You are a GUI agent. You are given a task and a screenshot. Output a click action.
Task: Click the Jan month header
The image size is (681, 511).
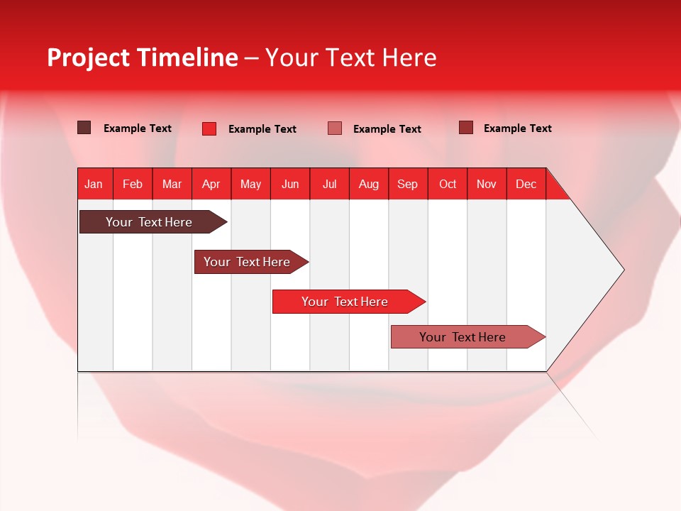pyautogui.click(x=94, y=184)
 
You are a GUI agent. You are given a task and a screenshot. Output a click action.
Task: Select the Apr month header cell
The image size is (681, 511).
pyautogui.click(x=211, y=184)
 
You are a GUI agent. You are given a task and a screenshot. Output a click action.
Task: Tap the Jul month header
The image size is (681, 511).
pyautogui.click(x=330, y=184)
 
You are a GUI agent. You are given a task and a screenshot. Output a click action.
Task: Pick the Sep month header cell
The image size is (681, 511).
pyautogui.click(x=408, y=184)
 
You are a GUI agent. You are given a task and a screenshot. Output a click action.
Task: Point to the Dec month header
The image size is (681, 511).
pyautogui.click(x=526, y=184)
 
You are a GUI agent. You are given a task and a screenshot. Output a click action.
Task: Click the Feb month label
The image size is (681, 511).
pyautogui.click(x=133, y=184)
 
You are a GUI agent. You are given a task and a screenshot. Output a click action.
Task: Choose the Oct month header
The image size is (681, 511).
pyautogui.click(x=448, y=184)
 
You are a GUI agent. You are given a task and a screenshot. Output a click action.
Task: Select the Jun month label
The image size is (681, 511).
pyautogui.click(x=290, y=184)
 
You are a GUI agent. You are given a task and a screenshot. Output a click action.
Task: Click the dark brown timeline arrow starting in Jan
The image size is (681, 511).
pyautogui.click(x=150, y=222)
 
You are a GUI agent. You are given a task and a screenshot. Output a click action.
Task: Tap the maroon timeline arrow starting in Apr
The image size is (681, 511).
pyautogui.click(x=248, y=262)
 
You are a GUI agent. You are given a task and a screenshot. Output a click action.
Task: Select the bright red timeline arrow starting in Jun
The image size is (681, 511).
pyautogui.click(x=345, y=302)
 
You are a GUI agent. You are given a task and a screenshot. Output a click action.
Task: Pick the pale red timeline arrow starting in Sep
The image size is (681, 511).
pyautogui.click(x=463, y=337)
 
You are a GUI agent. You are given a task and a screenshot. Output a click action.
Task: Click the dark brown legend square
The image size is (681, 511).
pyautogui.click(x=84, y=128)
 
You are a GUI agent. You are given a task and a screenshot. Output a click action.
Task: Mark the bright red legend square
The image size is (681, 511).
pyautogui.click(x=209, y=128)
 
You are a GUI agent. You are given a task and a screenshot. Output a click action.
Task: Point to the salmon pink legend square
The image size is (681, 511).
pyautogui.click(x=335, y=128)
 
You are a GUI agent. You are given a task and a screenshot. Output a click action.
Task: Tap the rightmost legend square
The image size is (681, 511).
pyautogui.click(x=466, y=128)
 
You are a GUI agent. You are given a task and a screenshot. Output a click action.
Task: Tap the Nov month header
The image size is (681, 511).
pyautogui.click(x=487, y=184)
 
